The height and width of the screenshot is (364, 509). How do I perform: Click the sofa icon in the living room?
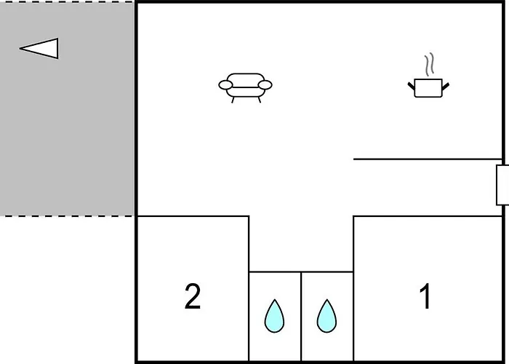click(x=246, y=88)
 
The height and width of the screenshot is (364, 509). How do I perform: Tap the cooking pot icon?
click(x=428, y=88)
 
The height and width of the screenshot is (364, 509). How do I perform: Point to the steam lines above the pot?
click(x=429, y=64)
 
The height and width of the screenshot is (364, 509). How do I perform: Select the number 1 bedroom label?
click(x=425, y=296)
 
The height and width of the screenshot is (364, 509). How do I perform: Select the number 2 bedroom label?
click(x=193, y=296)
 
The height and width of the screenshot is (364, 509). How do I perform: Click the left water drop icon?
click(x=274, y=316)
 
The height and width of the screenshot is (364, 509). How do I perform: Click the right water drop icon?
click(x=326, y=316)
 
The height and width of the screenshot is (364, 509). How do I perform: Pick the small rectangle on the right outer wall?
click(x=502, y=185)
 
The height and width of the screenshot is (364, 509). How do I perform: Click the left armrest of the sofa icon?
click(x=225, y=85)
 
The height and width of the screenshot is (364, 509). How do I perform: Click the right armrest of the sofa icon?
click(x=265, y=85)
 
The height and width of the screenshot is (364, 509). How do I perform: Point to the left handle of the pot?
click(x=412, y=86)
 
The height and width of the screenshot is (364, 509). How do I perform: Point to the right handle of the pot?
click(x=445, y=87)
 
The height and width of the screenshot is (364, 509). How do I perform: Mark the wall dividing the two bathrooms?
click(x=301, y=316)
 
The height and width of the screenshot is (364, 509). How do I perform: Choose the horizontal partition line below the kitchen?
click(x=428, y=159)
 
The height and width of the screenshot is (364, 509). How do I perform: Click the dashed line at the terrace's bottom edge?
click(x=67, y=215)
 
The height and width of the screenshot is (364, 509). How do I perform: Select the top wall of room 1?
click(x=428, y=215)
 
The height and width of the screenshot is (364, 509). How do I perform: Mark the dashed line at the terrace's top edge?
click(x=67, y=1)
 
